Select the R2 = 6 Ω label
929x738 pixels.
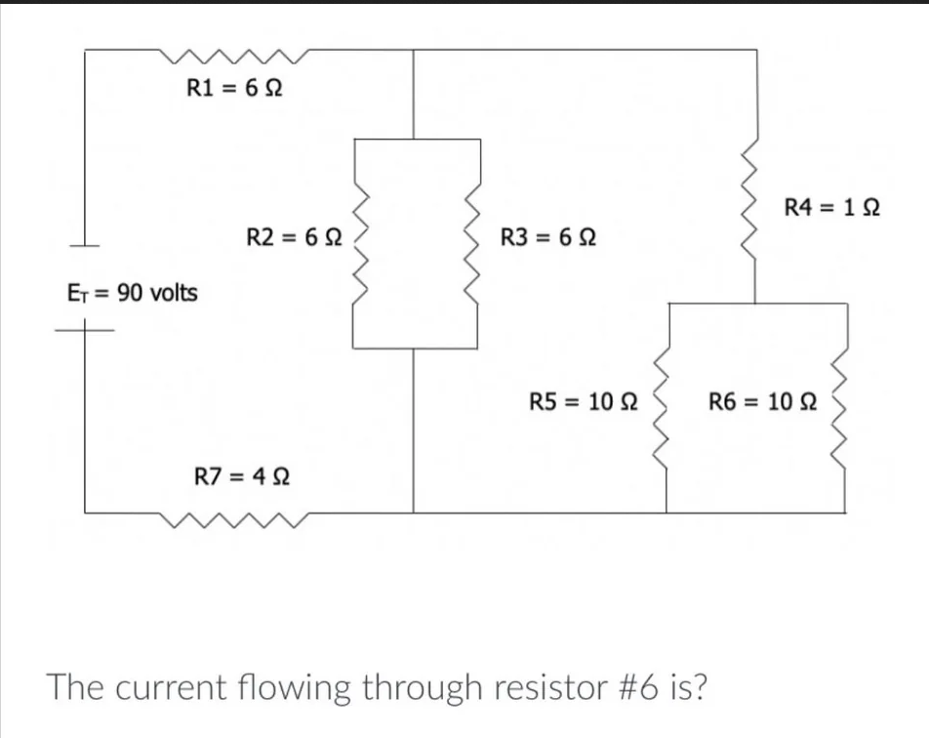292,236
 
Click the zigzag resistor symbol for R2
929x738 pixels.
358,244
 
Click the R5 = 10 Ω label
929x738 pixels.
583,401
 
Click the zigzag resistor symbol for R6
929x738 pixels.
840,408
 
